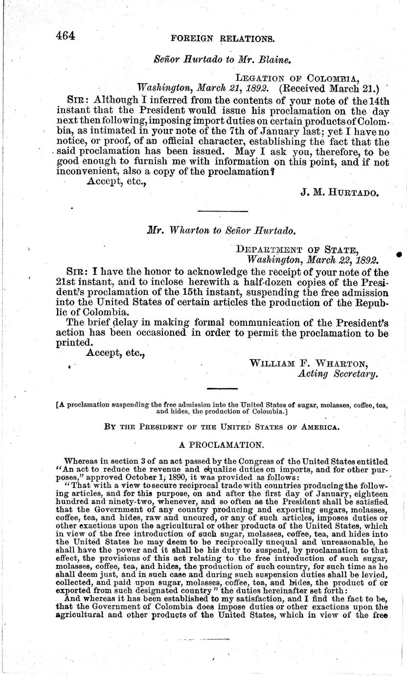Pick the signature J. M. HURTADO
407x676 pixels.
339,193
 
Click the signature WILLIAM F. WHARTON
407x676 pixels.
309,363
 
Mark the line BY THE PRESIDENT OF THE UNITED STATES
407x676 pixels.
222,427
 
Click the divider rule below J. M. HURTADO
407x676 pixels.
222,211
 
